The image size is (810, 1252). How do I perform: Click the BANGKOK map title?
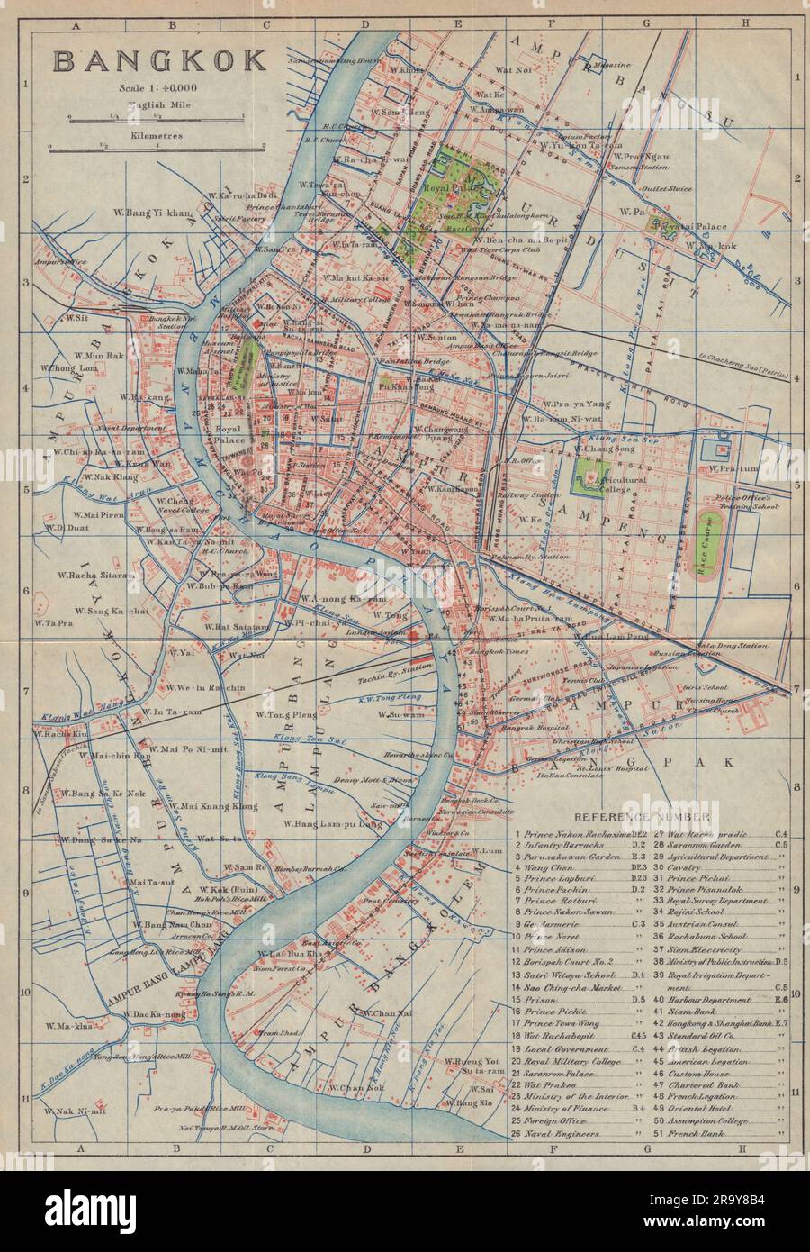[x=160, y=60]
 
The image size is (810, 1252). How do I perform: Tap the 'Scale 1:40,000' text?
[x=157, y=87]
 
